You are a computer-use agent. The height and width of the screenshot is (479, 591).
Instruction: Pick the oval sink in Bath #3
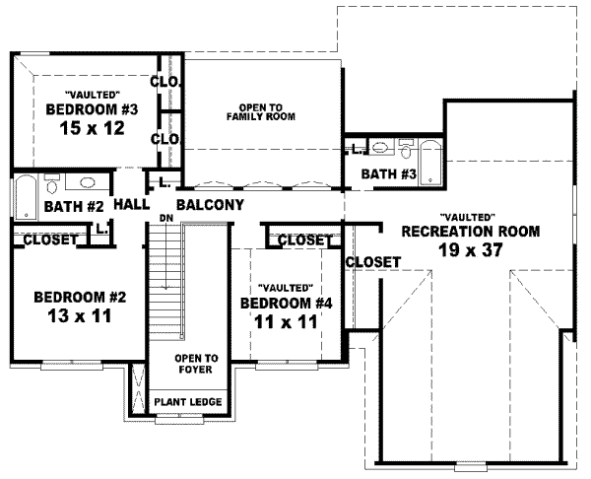click(379, 149)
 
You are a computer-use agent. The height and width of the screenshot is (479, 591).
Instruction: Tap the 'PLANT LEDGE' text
click(186, 402)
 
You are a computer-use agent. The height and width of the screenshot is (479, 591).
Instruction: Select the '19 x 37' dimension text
click(471, 250)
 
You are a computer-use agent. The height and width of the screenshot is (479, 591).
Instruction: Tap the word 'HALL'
click(132, 205)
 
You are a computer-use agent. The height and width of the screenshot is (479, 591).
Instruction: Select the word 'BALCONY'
click(209, 205)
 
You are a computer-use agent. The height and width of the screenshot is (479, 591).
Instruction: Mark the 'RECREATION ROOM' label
click(471, 232)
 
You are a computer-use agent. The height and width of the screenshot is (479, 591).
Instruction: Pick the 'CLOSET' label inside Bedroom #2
click(50, 239)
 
